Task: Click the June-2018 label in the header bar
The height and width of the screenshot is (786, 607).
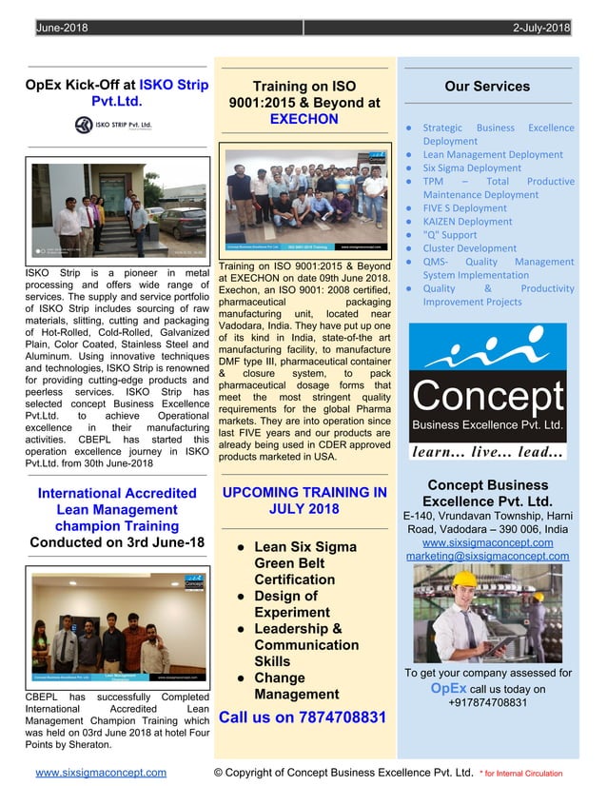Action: click(62, 29)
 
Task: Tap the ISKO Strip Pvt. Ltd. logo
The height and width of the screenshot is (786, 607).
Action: click(113, 125)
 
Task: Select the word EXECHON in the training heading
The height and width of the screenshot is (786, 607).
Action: click(303, 119)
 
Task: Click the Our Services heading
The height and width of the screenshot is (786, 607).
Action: click(487, 87)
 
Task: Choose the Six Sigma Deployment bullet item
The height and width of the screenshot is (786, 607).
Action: click(471, 167)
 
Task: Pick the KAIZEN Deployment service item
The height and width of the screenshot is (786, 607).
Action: click(466, 222)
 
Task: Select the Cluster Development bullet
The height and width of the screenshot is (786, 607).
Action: click(469, 248)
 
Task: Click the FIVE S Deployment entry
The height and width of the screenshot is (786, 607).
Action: click(464, 207)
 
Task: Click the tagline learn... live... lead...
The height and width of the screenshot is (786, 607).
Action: click(487, 452)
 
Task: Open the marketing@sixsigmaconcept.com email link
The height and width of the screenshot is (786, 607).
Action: click(487, 556)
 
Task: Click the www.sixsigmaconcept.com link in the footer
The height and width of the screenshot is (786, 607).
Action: click(101, 773)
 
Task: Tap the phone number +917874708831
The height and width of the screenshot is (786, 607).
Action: click(487, 702)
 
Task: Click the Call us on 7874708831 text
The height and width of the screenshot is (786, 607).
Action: click(303, 717)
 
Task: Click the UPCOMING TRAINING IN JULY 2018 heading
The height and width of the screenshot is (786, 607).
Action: click(303, 501)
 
